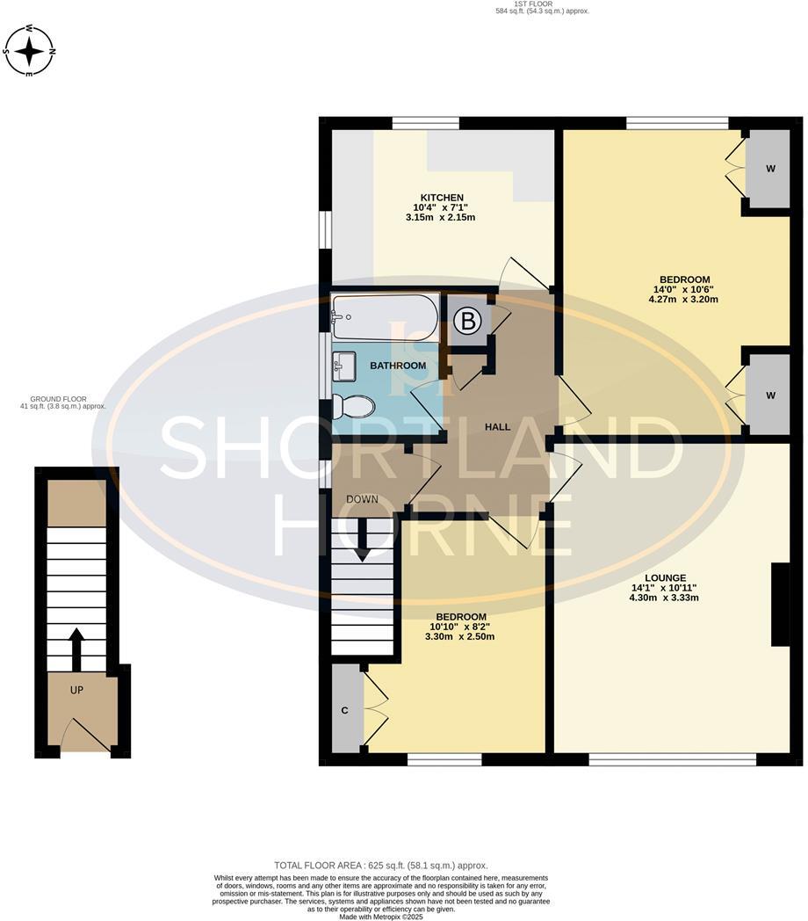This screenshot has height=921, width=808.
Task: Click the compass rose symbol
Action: [x=30, y=51]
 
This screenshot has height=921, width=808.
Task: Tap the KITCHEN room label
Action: [x=441, y=197]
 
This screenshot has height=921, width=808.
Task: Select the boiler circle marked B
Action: [x=467, y=322]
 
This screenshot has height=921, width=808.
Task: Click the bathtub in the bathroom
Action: [x=385, y=317]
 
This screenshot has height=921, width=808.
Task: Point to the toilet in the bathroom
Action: [x=352, y=406]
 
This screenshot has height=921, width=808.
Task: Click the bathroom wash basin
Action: [x=344, y=366]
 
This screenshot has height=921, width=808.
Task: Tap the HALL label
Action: [x=497, y=426]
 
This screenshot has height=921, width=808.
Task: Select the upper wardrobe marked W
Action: [x=769, y=168]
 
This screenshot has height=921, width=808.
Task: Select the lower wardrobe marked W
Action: [x=769, y=395]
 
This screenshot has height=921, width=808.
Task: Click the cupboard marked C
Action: [x=345, y=710]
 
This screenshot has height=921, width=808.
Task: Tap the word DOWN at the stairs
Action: [x=362, y=499]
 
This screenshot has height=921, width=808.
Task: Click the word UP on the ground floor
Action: [x=76, y=690]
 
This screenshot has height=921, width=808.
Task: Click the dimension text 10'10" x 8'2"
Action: [x=461, y=627]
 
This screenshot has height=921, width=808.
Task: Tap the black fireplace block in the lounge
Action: [x=780, y=605]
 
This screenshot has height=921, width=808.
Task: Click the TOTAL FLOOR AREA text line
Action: [x=380, y=865]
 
